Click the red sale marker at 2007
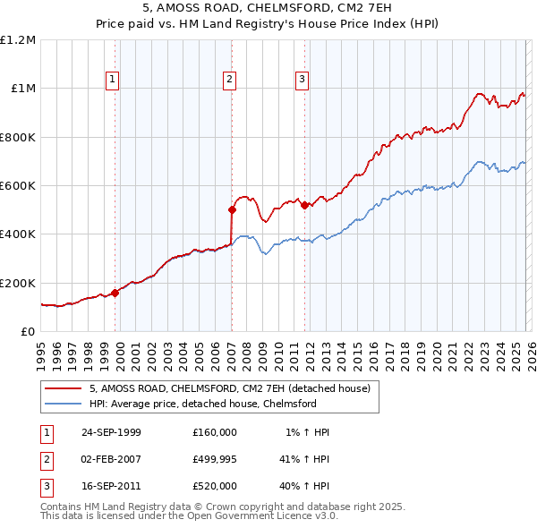tap(232, 210)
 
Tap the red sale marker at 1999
tap(115, 293)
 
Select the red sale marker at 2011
tap(304, 205)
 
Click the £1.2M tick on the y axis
tap(18, 39)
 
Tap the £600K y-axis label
tap(18, 185)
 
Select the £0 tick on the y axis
tap(27, 331)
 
